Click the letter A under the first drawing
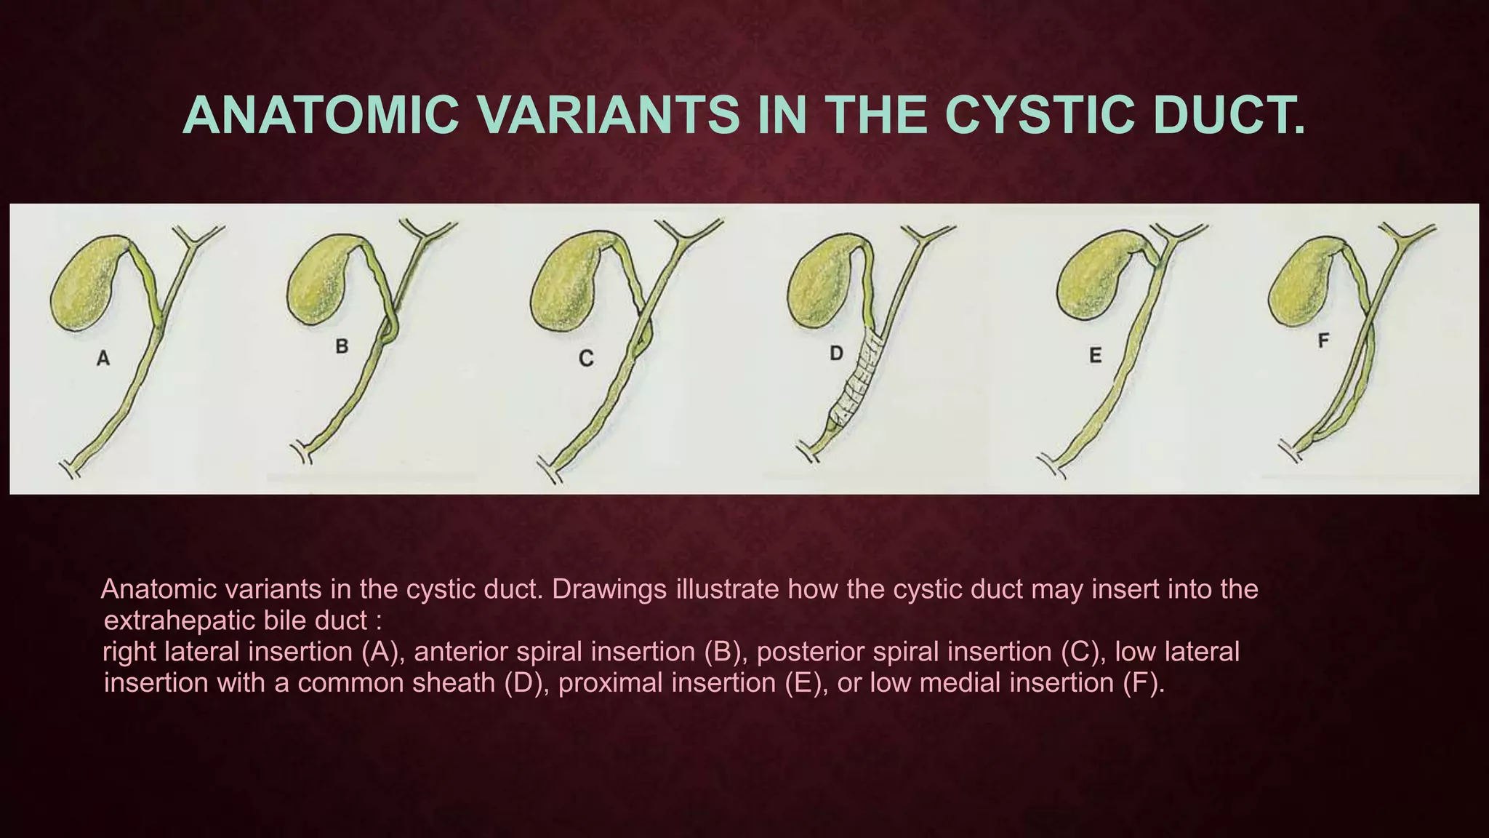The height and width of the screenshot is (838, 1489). [x=103, y=359]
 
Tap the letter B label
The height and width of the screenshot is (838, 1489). [x=342, y=347]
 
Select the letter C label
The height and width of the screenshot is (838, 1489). [x=586, y=359]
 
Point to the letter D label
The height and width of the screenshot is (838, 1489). [x=837, y=354]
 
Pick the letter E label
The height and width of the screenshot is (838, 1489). [x=1096, y=356]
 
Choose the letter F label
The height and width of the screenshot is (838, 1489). [x=1324, y=340]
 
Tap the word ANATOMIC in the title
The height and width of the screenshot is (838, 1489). [x=321, y=116]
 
